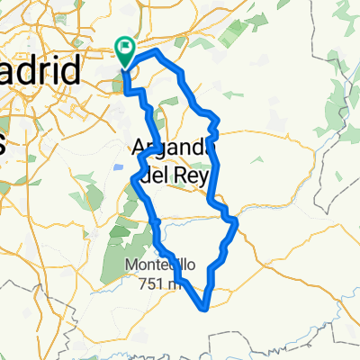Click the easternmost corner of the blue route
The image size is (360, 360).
(x=236, y=220)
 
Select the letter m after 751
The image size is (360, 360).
(x=176, y=283)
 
